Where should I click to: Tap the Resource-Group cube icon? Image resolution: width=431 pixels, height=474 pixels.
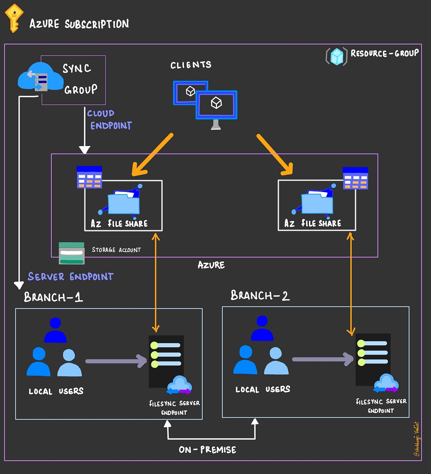(x=337, y=56)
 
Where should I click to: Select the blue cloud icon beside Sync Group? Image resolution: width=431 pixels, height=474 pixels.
(x=40, y=76)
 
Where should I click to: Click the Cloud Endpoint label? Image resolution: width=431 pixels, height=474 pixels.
(x=109, y=120)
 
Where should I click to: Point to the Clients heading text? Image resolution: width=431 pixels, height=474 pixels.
(x=191, y=65)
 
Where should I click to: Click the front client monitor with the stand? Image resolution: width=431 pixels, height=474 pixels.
(x=216, y=105)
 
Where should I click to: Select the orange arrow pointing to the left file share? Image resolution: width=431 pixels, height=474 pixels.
(x=152, y=155)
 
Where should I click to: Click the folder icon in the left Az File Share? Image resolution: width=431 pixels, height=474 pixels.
(x=124, y=203)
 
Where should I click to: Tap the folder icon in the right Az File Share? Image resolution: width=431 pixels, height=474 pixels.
(x=317, y=203)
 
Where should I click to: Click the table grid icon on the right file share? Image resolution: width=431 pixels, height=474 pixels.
(x=355, y=178)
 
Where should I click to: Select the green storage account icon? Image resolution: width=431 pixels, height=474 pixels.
(x=71, y=253)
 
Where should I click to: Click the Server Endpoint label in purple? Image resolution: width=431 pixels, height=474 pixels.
(x=71, y=277)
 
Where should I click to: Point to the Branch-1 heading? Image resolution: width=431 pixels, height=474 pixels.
(x=53, y=297)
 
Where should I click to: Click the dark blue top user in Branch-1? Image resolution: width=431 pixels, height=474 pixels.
(x=55, y=330)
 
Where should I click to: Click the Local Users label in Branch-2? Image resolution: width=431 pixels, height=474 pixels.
(x=263, y=389)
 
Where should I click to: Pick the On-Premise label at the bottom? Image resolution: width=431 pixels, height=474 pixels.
(x=208, y=450)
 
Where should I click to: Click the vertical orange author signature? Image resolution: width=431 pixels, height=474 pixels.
(x=417, y=439)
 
